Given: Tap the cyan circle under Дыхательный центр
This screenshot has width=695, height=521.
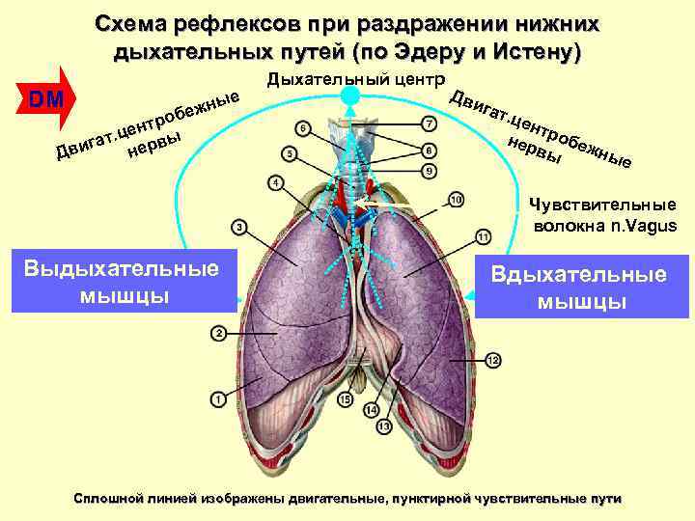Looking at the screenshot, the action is [x=350, y=96].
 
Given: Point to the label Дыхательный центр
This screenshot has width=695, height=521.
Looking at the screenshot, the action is [x=355, y=77].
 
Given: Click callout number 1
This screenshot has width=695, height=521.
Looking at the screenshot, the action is [x=218, y=398].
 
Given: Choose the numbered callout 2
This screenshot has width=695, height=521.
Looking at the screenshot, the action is [x=218, y=333].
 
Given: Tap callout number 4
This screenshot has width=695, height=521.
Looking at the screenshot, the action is [x=276, y=182].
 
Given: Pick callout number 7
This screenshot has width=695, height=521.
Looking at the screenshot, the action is [x=430, y=123].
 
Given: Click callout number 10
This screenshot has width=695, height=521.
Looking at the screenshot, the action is [x=457, y=199].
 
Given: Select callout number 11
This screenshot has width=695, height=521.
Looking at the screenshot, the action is [x=484, y=237].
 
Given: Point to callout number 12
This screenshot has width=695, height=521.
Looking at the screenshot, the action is [x=492, y=360].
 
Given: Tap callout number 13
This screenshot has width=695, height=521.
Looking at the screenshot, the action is [x=384, y=425].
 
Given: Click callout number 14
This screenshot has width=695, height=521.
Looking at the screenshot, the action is [x=371, y=409].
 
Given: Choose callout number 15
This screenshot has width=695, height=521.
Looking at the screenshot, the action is [x=347, y=399].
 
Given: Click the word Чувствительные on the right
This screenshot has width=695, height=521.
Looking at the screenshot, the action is [x=603, y=205].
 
